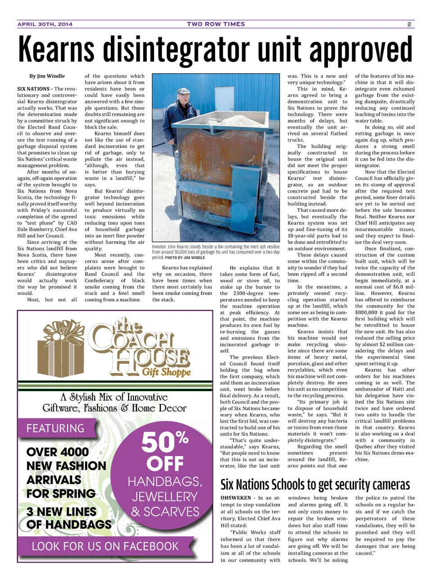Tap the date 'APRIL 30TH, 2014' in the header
45,24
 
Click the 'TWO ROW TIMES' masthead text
216,24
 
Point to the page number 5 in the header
409,24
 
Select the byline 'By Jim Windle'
47,76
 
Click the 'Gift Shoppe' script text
166,372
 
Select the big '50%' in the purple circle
165,442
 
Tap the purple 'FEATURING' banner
55,428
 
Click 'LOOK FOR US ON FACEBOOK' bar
105,546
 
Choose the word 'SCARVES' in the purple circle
165,512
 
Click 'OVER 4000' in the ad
58,452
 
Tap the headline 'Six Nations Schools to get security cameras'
315,484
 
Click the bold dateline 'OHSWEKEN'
236,498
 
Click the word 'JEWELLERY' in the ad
165,497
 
